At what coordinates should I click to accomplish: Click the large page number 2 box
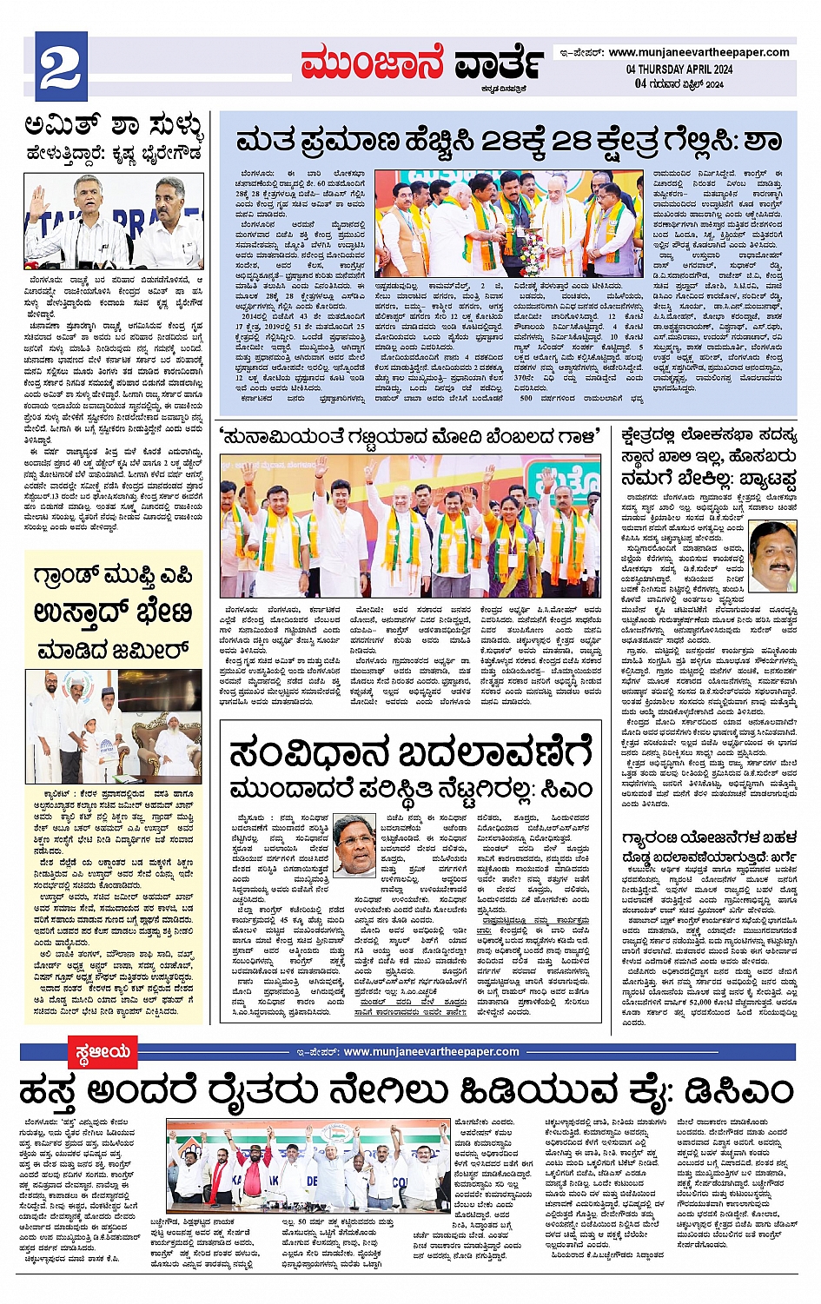coord(61,67)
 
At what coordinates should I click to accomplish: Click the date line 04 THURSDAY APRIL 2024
coord(679,70)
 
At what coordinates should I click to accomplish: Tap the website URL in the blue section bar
coord(431,1052)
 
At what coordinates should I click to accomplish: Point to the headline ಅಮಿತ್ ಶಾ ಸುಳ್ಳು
coord(113,128)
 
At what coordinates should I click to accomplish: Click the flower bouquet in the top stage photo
coord(532,254)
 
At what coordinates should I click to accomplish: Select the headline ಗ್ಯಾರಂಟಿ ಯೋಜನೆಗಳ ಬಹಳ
coord(708,838)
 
